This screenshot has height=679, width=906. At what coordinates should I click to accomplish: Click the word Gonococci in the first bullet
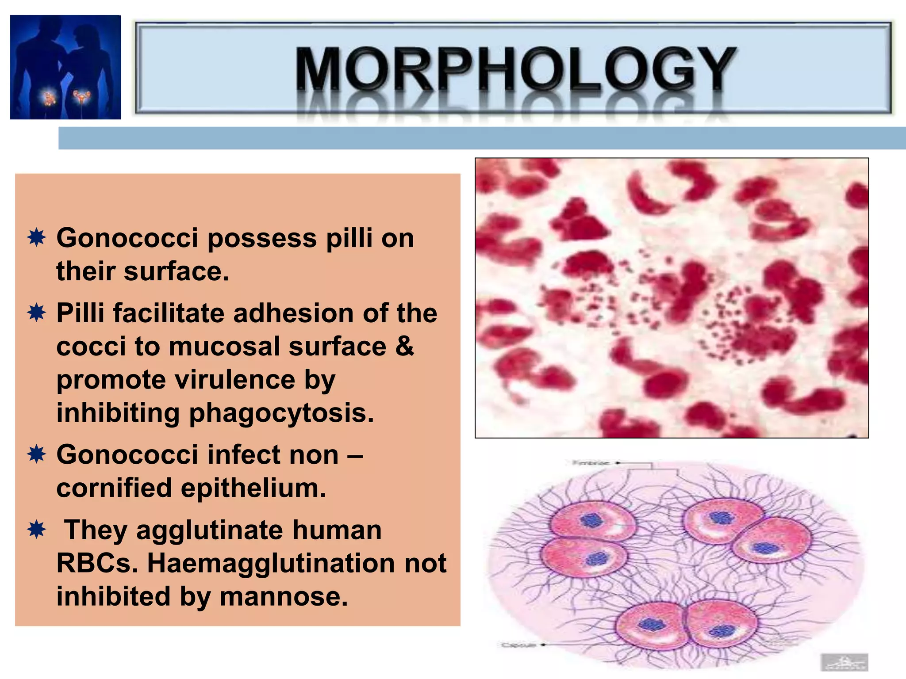pos(127,238)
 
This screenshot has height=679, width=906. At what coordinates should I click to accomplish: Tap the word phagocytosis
pos(281,413)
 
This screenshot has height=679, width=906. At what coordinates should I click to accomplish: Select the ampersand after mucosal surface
pos(404,346)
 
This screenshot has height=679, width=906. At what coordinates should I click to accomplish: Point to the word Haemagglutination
pos(271,563)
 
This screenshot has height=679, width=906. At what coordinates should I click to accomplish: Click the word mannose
pos(284,596)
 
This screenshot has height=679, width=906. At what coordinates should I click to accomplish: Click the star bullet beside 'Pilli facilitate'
pos(36,313)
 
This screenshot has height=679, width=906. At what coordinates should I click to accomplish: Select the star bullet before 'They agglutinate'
pos(36,530)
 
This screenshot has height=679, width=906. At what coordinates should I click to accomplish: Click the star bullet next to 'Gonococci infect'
pos(36,454)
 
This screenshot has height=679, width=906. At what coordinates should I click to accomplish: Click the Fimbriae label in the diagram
pos(591,463)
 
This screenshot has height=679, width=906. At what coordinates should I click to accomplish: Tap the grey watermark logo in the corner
pos(844,662)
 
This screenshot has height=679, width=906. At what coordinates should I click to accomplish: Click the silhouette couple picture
pos(65,67)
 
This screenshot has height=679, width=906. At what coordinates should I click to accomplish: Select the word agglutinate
pos(209,530)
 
